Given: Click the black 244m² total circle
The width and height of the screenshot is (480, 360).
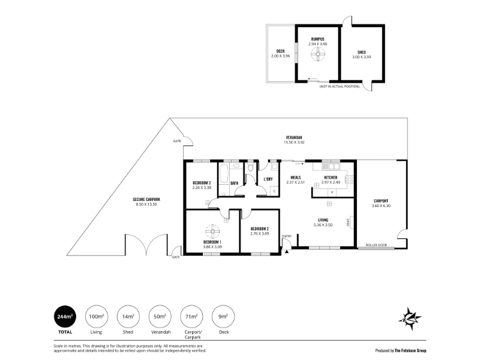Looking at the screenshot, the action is pos(65,317).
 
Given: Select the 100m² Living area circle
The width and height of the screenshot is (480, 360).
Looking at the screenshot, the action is pos(97,317).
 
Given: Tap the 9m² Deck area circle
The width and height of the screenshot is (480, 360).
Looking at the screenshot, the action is pos(223,317).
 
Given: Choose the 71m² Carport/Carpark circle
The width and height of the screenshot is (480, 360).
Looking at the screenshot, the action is pos(191,317).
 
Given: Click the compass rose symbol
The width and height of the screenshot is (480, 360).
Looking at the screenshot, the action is pos(410,319).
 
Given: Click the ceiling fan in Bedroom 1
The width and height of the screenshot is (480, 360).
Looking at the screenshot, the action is pos(212,232).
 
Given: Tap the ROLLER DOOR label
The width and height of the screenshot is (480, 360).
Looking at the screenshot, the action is pos(376,245).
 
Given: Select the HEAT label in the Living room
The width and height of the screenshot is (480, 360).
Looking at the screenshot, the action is pos(348,222).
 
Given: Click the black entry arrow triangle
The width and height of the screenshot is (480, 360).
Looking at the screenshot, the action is pos(287,251).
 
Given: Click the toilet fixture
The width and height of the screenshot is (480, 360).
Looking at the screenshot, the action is pos(251,167).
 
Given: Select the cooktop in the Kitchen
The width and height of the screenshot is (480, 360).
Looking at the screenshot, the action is pos(350,179).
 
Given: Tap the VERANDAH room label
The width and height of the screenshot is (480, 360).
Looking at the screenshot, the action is pos(294,137).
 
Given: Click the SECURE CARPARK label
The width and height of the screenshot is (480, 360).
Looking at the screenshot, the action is pos(146,199).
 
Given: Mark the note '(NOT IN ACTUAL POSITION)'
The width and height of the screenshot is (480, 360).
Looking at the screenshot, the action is pos(340,86).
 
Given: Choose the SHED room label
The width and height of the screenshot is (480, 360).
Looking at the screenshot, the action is pos(362,52).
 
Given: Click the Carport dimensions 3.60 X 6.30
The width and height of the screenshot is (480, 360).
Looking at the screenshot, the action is pos(381,206).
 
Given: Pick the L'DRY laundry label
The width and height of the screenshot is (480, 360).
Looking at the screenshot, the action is pos(268,179).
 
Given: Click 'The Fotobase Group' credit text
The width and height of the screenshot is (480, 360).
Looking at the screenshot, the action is pos(410,350).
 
